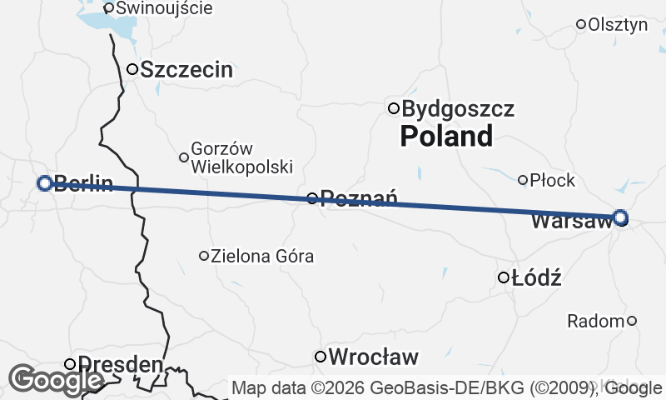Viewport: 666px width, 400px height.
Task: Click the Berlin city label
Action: [x=82, y=184]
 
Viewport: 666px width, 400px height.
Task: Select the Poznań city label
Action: [x=359, y=198]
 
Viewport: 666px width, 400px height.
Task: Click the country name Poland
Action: [x=446, y=136]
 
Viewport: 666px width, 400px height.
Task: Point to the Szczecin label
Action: [x=186, y=70]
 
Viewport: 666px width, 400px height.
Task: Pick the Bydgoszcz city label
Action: [x=458, y=108]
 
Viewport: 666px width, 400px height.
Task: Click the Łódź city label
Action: [x=537, y=278]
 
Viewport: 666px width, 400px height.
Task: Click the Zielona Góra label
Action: [x=262, y=256]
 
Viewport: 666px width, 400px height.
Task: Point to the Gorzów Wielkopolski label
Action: [x=241, y=157]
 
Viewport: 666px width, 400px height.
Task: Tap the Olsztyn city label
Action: [x=618, y=25]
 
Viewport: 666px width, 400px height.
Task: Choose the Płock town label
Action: [x=553, y=180]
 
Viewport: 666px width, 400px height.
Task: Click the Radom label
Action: [x=594, y=321]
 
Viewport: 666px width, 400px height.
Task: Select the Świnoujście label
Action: [x=164, y=8]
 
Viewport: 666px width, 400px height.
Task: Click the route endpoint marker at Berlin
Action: [x=45, y=182]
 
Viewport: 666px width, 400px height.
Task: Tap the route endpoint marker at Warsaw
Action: [x=620, y=218]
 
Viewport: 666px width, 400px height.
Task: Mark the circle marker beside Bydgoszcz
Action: [x=394, y=107]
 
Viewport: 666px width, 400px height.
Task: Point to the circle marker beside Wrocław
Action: [x=321, y=357]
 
